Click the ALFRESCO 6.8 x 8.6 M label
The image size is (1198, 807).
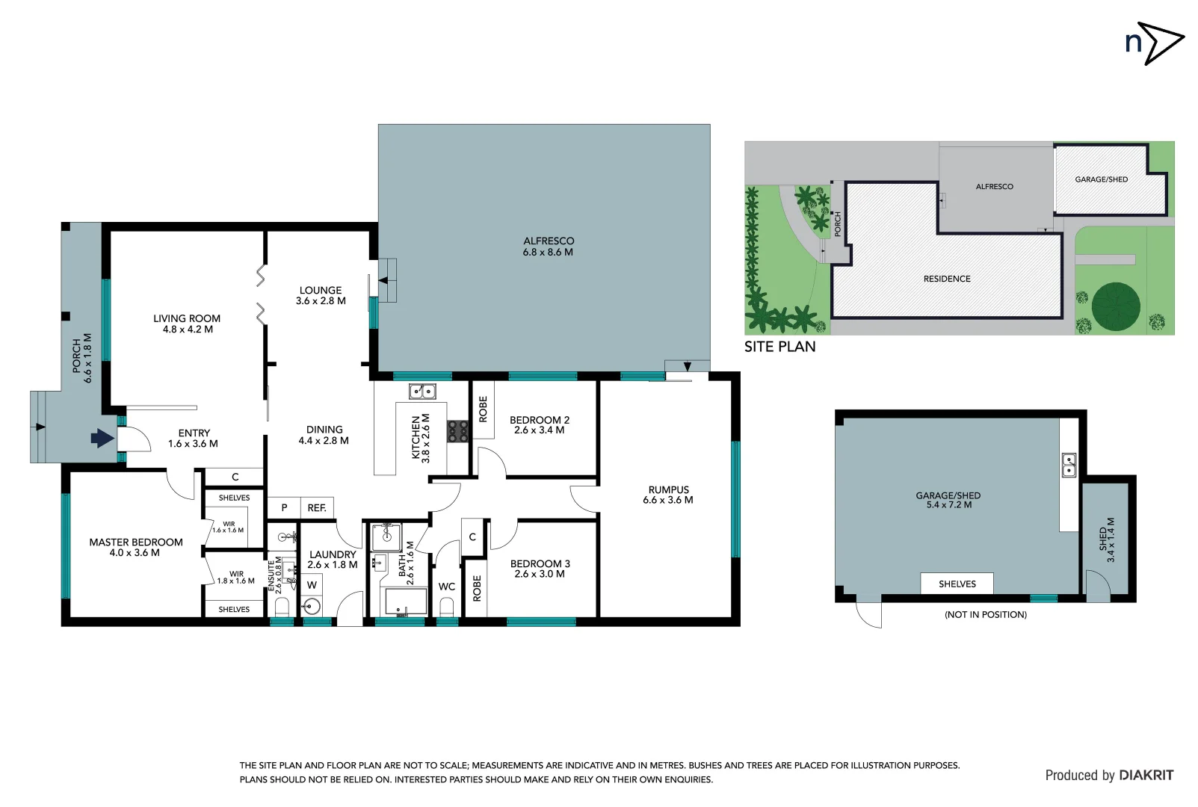(x=548, y=247)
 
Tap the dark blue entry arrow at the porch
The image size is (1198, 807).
(x=102, y=438)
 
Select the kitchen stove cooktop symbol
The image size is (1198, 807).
(x=457, y=431)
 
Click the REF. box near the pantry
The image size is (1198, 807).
(x=317, y=508)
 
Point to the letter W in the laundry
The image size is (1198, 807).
(x=312, y=585)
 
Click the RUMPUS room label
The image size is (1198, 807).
(x=668, y=495)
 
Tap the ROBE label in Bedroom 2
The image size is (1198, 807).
(x=483, y=409)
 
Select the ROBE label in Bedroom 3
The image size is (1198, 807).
(x=477, y=588)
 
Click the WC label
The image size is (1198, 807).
(x=447, y=587)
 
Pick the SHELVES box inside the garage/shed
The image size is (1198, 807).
(x=957, y=584)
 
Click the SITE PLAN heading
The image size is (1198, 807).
(x=779, y=347)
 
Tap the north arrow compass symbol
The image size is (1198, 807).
(x=1155, y=43)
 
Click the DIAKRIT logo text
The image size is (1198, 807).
(x=1146, y=775)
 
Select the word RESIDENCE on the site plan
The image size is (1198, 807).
(x=947, y=279)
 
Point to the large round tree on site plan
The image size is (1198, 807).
(x=1115, y=307)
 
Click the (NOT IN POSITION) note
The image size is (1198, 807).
(x=985, y=614)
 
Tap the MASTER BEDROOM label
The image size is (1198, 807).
(x=135, y=547)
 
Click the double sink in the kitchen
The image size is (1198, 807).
(x=422, y=391)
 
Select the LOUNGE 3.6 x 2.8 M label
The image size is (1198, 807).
(x=321, y=295)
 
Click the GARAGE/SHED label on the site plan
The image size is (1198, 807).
(x=1101, y=179)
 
